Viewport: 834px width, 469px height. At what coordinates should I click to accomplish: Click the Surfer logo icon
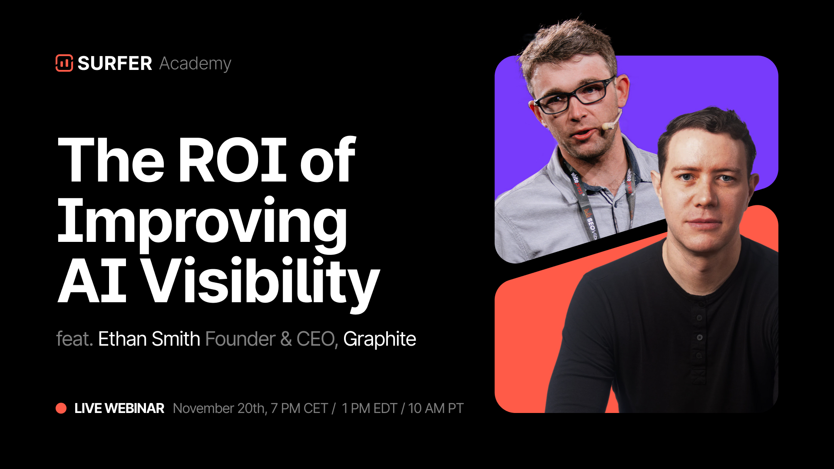coord(64,63)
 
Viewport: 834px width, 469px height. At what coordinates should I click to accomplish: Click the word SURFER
coord(115,63)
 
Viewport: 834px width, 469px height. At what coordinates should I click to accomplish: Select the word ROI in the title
coord(232,159)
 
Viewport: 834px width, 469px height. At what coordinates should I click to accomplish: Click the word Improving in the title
coord(202,224)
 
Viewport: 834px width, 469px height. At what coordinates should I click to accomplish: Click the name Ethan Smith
coord(149,339)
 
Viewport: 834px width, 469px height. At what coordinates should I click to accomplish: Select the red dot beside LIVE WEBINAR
coord(61,408)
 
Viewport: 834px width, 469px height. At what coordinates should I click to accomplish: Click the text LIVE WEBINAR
coord(119,408)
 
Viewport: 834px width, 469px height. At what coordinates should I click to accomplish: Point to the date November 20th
coord(220,409)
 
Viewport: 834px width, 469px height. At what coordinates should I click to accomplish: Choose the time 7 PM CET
coord(299,409)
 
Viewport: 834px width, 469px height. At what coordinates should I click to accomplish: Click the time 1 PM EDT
coord(369,409)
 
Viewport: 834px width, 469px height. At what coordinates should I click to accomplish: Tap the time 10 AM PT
coord(436,409)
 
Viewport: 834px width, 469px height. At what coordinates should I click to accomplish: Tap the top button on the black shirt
coord(699,318)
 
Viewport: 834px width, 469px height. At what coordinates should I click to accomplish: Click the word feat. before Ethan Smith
coord(75,339)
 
